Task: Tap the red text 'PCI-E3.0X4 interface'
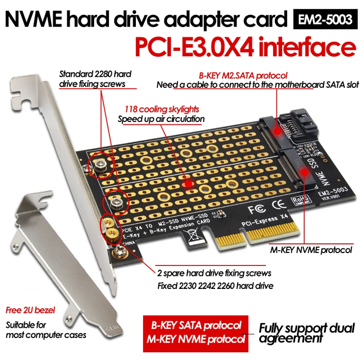[238, 48]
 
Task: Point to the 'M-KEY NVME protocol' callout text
[311, 250]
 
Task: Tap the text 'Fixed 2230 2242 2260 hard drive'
[216, 286]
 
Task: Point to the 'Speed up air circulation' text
[161, 119]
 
